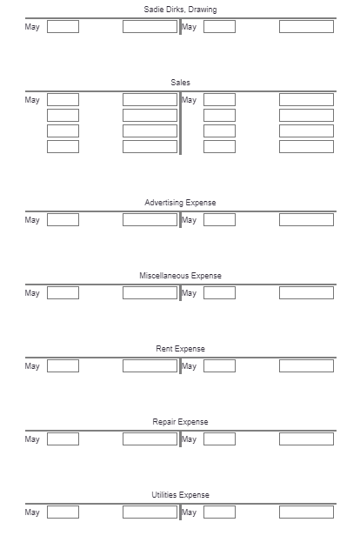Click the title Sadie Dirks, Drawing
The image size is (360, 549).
[x=180, y=10]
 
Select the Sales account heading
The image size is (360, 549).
[x=180, y=83]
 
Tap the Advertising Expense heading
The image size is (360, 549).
[x=180, y=203]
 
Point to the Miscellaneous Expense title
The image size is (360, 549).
[x=180, y=276]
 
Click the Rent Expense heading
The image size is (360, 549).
[x=180, y=349]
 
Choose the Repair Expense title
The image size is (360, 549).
[x=180, y=422]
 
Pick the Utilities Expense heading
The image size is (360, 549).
[x=180, y=495]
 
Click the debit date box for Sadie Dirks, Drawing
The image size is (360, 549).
[x=63, y=27]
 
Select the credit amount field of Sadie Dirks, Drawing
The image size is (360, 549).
[x=306, y=27]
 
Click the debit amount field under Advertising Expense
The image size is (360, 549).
[x=150, y=220]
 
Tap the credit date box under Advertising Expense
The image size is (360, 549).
[x=219, y=220]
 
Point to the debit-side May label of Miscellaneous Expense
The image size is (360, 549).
[x=32, y=293]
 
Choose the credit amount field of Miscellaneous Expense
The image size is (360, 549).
[x=306, y=293]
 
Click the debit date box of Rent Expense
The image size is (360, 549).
[x=63, y=366]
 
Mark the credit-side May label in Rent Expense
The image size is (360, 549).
[x=189, y=366]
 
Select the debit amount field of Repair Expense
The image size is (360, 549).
[x=150, y=439]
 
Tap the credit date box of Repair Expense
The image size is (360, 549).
[x=219, y=439]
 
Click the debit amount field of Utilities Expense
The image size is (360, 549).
[x=150, y=512]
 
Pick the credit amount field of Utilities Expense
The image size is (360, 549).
[x=306, y=512]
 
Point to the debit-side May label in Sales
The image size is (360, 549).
[x=32, y=100]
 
